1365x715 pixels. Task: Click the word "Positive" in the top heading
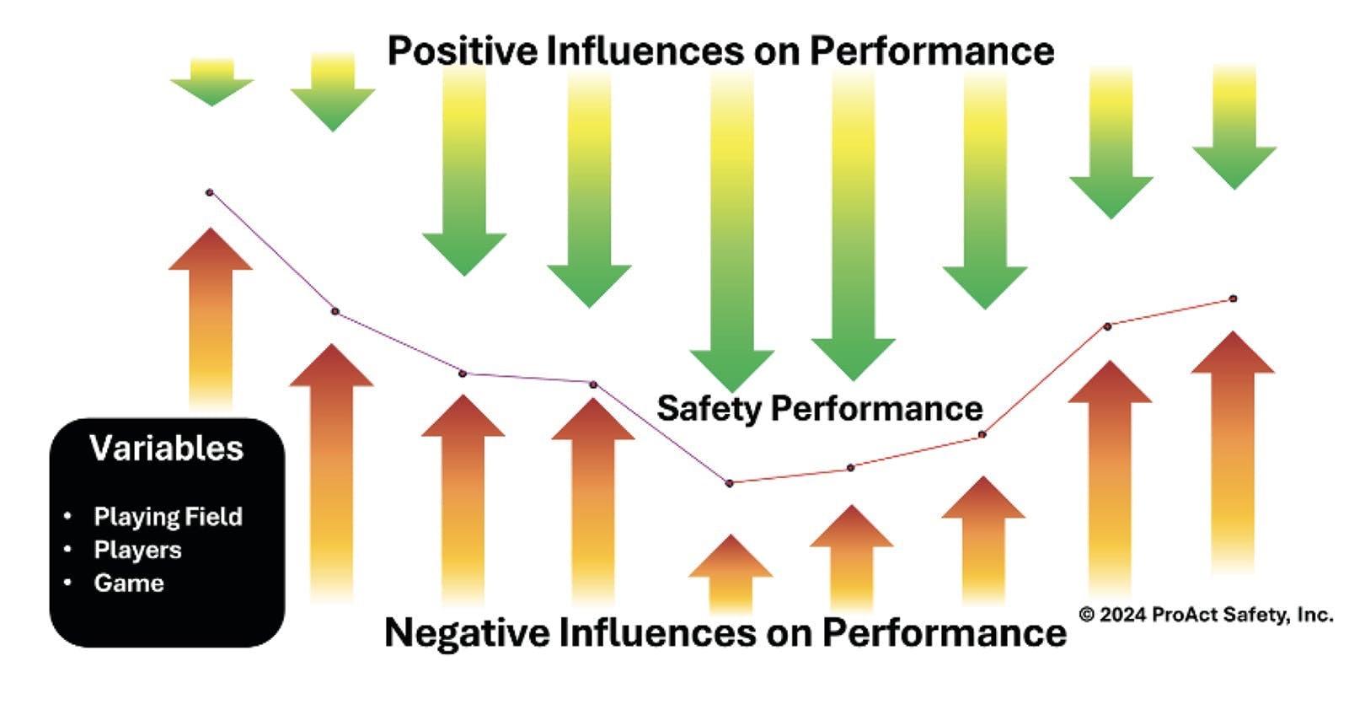tap(462, 51)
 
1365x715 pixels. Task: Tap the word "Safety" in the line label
tap(709, 409)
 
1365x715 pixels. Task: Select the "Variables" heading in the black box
tap(167, 449)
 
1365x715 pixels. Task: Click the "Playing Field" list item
tap(168, 517)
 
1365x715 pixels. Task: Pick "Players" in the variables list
tap(137, 550)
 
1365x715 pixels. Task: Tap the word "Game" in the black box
tap(129, 583)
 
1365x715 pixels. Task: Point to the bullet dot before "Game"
tap(68, 583)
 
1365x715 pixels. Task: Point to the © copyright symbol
tap(1087, 615)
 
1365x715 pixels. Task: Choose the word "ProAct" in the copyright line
tap(1184, 615)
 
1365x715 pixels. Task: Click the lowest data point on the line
tap(730, 483)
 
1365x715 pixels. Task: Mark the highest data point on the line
tap(210, 192)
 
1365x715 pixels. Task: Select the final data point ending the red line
tap(1234, 298)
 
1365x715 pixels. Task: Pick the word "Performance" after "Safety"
tap(877, 409)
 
